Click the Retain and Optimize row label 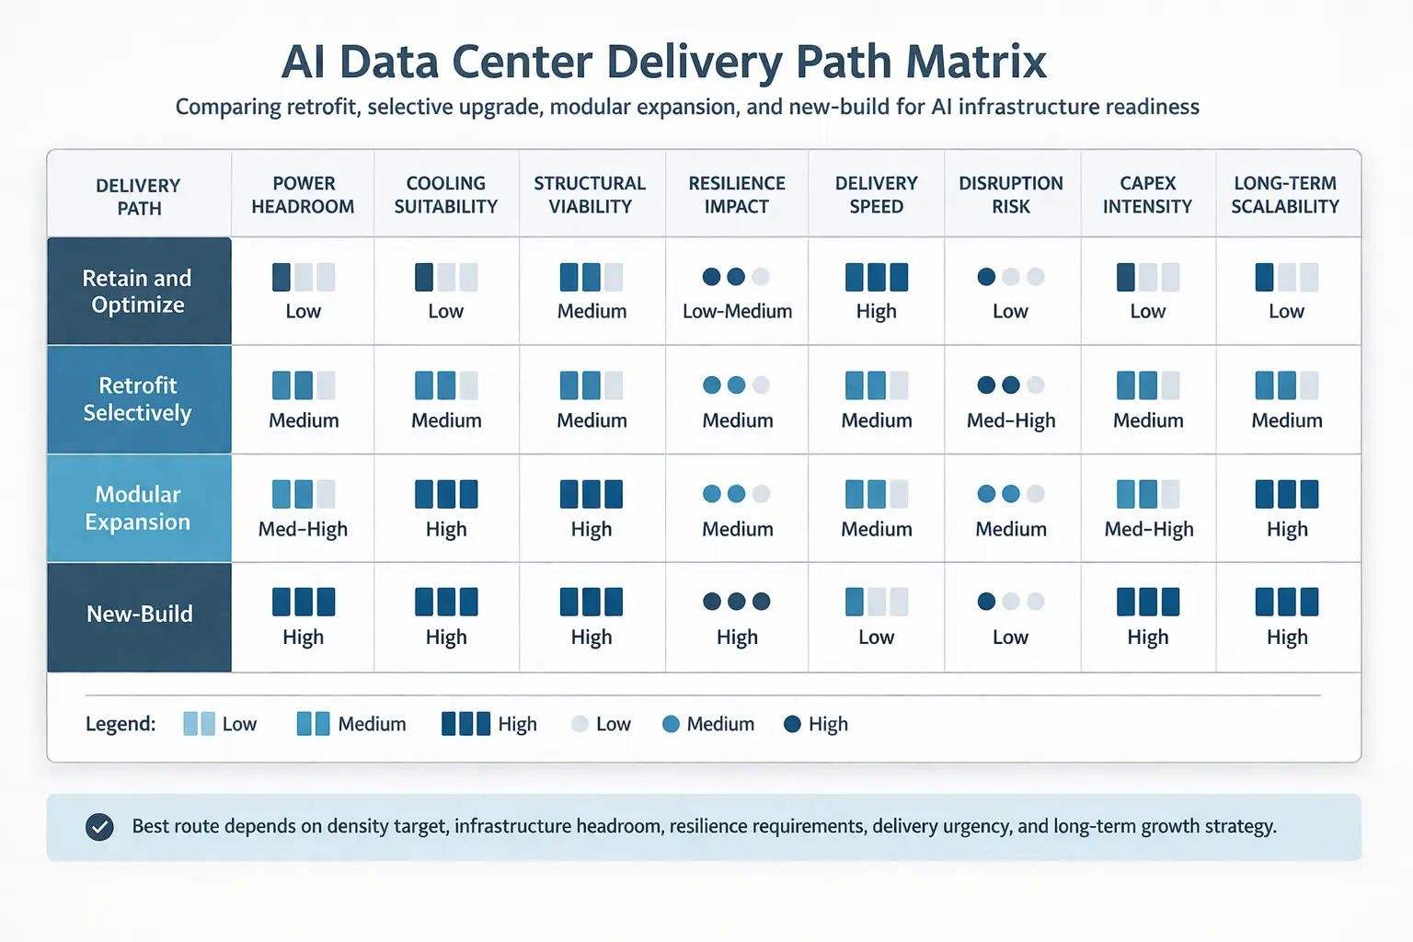(138, 291)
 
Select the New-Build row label (140, 615)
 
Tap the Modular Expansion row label (138, 508)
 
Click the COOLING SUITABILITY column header (446, 195)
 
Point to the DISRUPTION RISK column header (1011, 195)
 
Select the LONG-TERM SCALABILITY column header (1285, 195)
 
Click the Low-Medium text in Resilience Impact (737, 312)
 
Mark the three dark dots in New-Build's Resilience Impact (737, 602)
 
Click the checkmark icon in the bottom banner (99, 827)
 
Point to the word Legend (121, 724)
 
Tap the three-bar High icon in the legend (465, 724)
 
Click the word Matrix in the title (976, 63)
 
